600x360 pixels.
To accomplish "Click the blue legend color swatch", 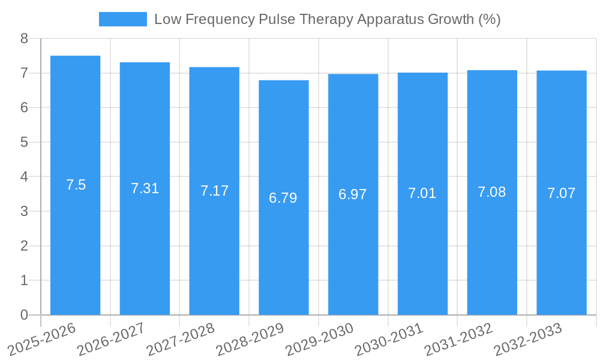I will [x=122, y=19].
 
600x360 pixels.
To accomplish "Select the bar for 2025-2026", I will [x=75, y=240].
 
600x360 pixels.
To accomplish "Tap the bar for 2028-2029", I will [x=284, y=252].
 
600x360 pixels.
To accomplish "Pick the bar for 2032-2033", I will [x=562, y=252].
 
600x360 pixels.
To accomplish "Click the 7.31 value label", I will [x=145, y=188].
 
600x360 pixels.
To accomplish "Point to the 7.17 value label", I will [x=214, y=191].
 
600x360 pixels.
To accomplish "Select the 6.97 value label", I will [x=353, y=194].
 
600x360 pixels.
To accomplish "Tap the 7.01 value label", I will [x=422, y=193].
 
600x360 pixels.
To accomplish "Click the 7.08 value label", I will [x=492, y=192].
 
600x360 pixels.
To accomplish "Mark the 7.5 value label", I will [x=76, y=185].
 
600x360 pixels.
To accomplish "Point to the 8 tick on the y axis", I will [x=24, y=39].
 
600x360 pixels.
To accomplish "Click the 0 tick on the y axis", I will [x=24, y=315].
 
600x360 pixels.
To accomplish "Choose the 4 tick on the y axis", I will [x=24, y=177].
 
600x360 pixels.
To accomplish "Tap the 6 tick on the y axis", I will [x=24, y=108].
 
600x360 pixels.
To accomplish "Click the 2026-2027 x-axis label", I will [x=112, y=339].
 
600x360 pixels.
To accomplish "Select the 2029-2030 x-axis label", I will [x=320, y=339].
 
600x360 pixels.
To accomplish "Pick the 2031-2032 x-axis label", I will [x=459, y=339].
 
